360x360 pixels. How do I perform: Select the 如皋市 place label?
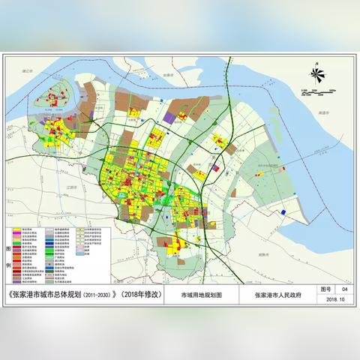click(168, 74)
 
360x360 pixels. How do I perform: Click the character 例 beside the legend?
click(9, 265)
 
